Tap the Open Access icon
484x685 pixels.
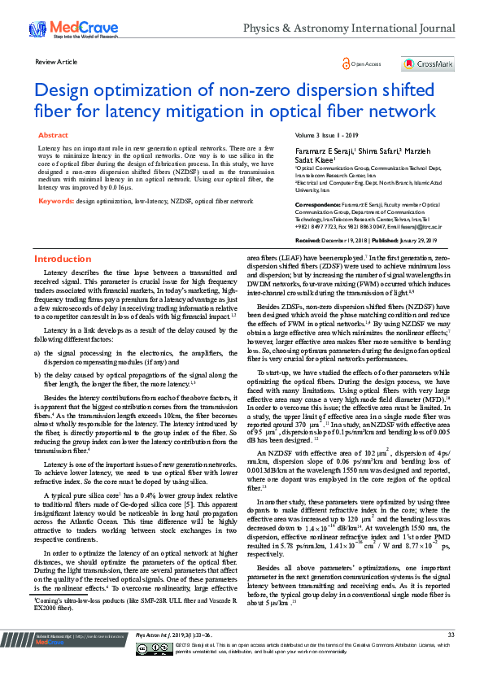(x=348, y=63)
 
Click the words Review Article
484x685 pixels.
(x=56, y=62)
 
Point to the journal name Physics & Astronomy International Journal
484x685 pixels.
(x=349, y=28)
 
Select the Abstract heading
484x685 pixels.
(x=54, y=135)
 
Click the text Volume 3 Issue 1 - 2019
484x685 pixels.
(x=327, y=134)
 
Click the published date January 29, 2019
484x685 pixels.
(x=416, y=242)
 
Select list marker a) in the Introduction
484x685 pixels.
(x=37, y=352)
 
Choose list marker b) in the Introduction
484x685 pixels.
(x=37, y=374)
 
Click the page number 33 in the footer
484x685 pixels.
(x=451, y=657)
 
